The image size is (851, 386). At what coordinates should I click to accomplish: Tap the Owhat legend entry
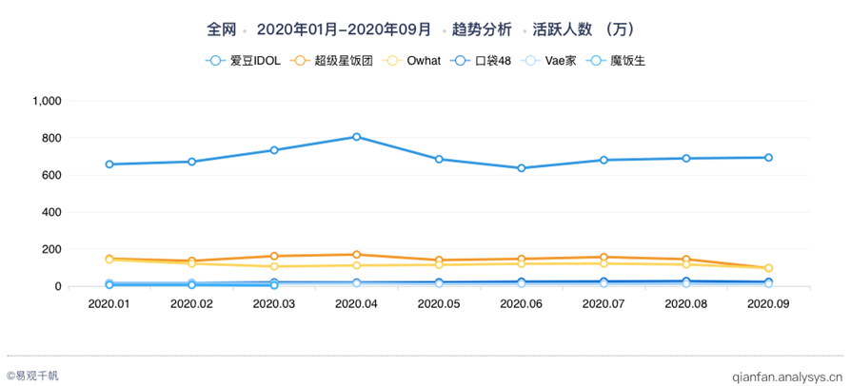click(412, 61)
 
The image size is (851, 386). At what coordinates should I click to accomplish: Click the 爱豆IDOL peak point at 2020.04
click(356, 137)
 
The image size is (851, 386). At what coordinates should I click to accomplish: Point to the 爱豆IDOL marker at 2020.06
click(521, 168)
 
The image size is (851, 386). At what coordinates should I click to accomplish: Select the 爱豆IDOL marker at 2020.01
click(109, 164)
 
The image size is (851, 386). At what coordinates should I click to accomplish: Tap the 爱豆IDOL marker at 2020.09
click(768, 158)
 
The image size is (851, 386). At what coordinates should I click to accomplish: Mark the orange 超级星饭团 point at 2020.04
click(356, 255)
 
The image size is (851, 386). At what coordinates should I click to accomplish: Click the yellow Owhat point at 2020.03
click(274, 266)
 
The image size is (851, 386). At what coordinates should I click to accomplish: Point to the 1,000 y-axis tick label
click(47, 101)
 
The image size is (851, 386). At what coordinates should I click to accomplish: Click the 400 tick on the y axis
click(51, 212)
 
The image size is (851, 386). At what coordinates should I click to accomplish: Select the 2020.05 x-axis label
click(439, 304)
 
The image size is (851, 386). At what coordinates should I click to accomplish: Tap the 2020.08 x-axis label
click(685, 304)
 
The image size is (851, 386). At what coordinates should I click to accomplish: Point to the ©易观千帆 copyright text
click(32, 376)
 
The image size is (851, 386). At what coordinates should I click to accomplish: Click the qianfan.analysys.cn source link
click(786, 376)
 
